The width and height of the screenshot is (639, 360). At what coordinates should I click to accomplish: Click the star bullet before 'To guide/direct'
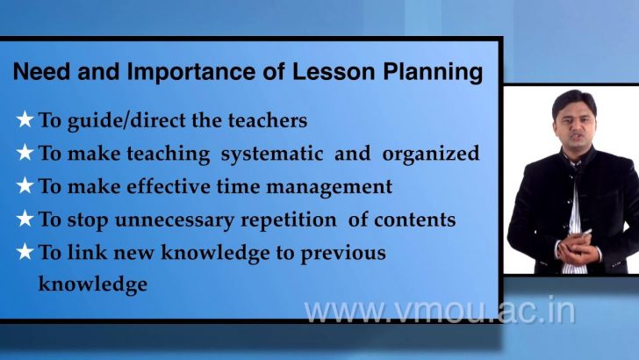(x=25, y=119)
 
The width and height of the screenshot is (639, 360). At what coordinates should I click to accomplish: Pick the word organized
(x=431, y=154)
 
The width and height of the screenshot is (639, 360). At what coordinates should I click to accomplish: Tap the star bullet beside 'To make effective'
(x=25, y=186)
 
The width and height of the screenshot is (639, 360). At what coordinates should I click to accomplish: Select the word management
(x=330, y=187)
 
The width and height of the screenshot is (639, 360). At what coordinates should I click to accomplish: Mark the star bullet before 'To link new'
(x=25, y=253)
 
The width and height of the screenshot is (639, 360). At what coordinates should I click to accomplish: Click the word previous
(x=338, y=253)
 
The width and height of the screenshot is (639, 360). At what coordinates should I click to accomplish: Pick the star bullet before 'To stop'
(x=25, y=220)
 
